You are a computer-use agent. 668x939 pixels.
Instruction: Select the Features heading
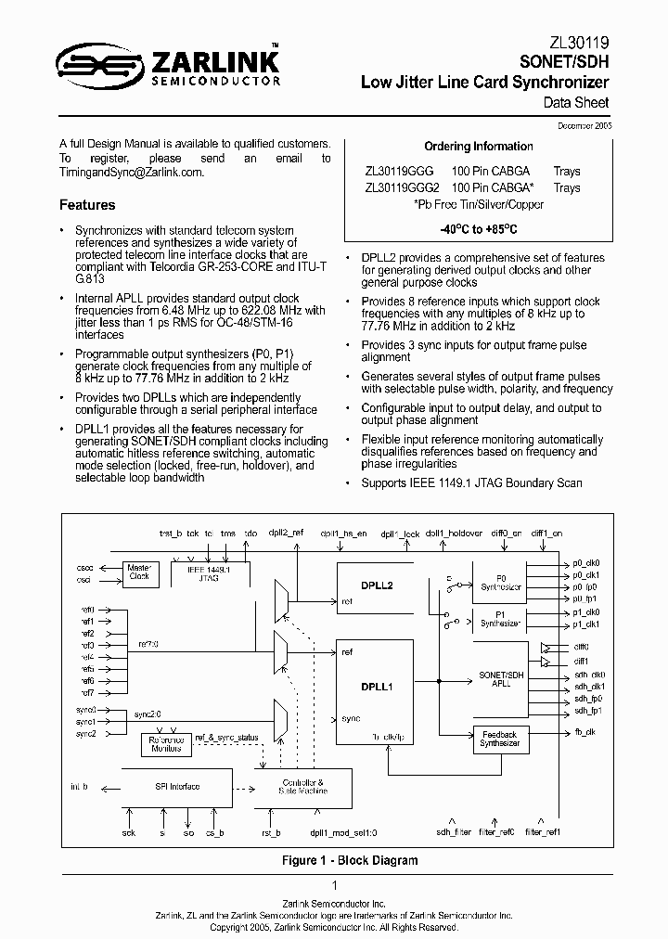pos(87,205)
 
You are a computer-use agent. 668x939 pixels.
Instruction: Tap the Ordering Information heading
pos(478,147)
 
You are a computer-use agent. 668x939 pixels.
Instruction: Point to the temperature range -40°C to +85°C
pos(478,228)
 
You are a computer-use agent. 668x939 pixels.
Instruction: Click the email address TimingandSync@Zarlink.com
pos(131,173)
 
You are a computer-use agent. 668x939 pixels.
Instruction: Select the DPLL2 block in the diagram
pos(379,586)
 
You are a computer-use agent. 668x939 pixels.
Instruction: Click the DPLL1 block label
pos(378,687)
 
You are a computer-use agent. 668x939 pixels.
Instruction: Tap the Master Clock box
pos(139,571)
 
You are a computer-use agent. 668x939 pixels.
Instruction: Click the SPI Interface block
pos(176,787)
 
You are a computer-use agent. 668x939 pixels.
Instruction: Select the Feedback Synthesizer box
pos(500,739)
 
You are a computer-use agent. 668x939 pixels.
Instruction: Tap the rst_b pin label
pos(270,832)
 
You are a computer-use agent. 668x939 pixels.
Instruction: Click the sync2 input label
pos(86,734)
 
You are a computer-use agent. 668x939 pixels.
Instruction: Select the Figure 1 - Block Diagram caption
pos(350,860)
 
